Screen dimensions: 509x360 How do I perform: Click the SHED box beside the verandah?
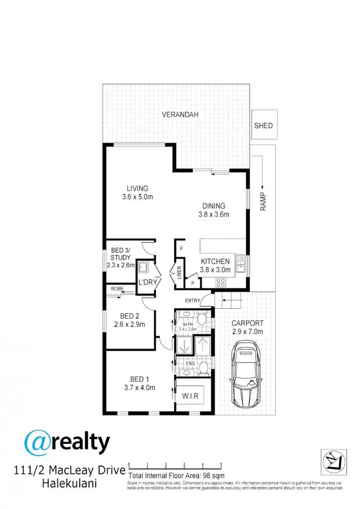tap(264, 126)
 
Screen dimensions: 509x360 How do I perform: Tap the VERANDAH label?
tap(180, 115)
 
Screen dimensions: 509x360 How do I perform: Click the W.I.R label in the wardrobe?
tap(193, 397)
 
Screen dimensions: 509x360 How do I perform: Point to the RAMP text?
tap(263, 200)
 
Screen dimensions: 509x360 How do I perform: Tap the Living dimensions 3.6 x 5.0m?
tap(137, 197)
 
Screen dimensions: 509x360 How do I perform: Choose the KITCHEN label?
tap(215, 261)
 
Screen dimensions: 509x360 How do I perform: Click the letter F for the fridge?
tap(181, 249)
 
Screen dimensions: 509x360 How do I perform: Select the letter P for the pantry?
tap(192, 283)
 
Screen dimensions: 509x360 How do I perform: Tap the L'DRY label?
tap(147, 282)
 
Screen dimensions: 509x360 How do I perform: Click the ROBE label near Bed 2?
tap(117, 289)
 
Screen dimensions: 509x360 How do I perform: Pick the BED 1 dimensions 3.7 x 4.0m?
tap(137, 388)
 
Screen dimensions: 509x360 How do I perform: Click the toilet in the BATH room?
tap(202, 318)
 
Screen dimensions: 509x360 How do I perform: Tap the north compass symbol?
tap(333, 463)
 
